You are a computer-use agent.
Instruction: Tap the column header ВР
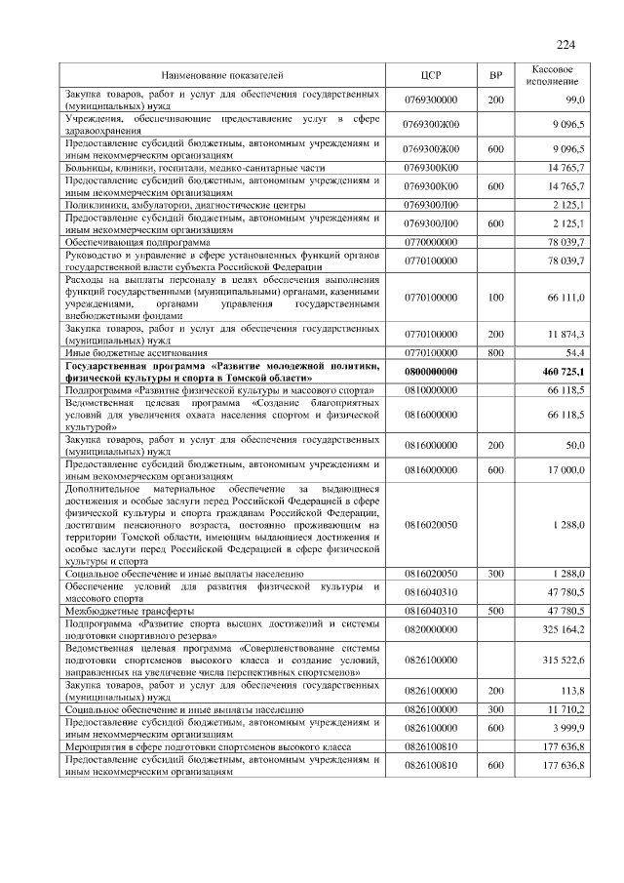pos(494,75)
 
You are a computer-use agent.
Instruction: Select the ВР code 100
pos(494,297)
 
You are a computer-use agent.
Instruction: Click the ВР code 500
pos(494,610)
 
